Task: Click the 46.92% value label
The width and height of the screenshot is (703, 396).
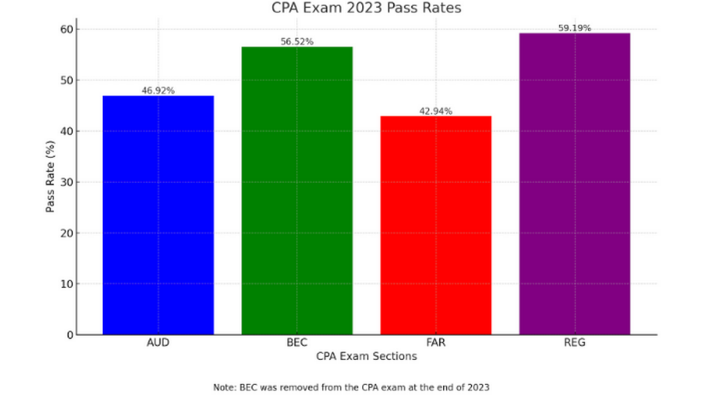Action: (x=158, y=90)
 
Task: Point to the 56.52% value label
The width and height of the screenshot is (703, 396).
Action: (x=297, y=41)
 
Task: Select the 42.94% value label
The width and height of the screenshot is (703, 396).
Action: (x=436, y=111)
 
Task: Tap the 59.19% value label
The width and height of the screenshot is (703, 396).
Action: (x=575, y=28)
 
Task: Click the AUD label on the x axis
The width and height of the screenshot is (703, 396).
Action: (x=158, y=343)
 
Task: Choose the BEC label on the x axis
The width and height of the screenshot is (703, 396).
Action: (x=297, y=343)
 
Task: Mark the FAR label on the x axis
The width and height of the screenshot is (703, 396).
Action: (x=436, y=343)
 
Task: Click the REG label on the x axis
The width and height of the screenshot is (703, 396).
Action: (x=575, y=343)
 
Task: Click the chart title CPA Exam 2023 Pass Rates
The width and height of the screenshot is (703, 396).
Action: (x=367, y=9)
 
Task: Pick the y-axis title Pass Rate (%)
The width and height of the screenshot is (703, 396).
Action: (x=50, y=181)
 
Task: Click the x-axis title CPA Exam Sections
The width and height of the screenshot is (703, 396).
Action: (x=367, y=357)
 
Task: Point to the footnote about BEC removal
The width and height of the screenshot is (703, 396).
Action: (x=351, y=387)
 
